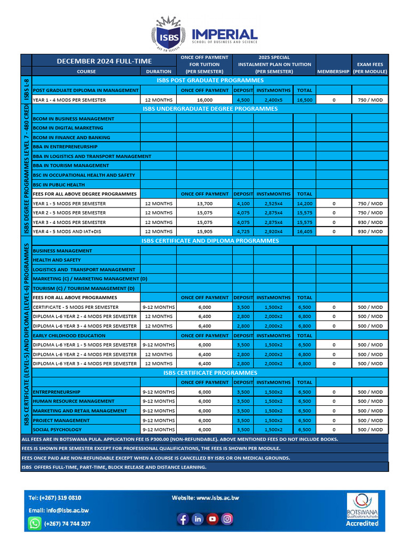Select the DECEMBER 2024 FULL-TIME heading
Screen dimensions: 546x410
(x=104, y=61)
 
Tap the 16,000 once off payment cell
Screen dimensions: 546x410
(x=204, y=100)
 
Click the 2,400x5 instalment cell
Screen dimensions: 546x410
(x=273, y=100)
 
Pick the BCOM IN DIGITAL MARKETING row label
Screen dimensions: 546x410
(x=68, y=128)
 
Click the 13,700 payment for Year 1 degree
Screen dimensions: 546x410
(x=204, y=203)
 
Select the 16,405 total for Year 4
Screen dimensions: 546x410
(x=304, y=231)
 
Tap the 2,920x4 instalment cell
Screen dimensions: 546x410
(x=273, y=231)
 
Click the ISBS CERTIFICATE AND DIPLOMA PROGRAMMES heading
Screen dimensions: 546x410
(x=210, y=241)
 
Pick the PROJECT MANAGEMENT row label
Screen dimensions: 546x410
(x=61, y=420)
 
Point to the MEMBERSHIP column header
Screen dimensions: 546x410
(x=333, y=71)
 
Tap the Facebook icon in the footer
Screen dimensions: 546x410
(x=183, y=518)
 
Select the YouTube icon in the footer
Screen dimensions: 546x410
(x=212, y=518)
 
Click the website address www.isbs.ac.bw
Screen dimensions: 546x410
(x=205, y=497)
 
